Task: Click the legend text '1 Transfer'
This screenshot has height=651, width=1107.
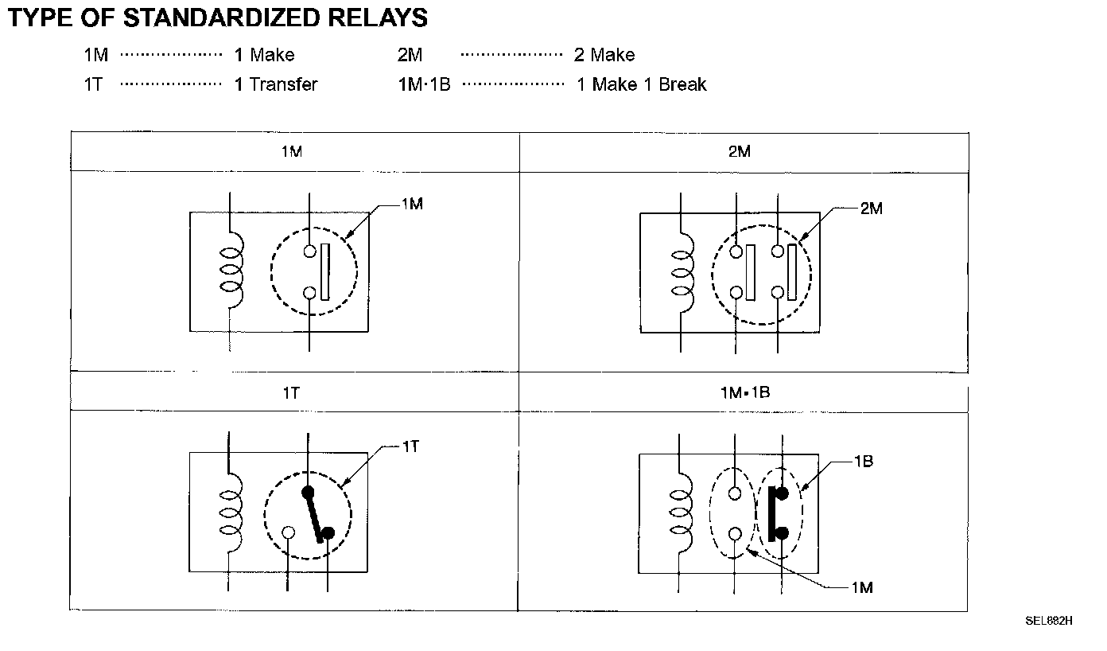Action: [x=275, y=84]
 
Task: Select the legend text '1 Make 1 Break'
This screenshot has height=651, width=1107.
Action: [x=641, y=84]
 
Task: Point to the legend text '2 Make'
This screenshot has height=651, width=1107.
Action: [x=604, y=55]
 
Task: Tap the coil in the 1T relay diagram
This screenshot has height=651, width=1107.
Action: [x=231, y=513]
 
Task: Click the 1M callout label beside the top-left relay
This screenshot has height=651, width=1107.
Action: [x=411, y=205]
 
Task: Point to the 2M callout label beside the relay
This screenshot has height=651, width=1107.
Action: [x=871, y=209]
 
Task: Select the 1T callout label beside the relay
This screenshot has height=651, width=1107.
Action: [x=410, y=446]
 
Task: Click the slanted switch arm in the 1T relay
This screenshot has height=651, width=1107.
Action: [x=314, y=514]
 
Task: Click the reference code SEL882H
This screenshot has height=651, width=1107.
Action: [x=1049, y=621]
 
